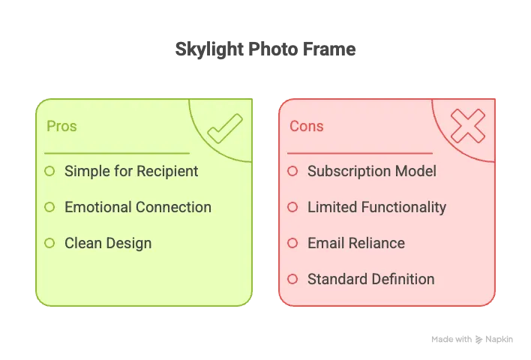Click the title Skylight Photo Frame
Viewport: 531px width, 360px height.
[x=265, y=49]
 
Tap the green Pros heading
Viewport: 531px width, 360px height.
[x=61, y=126]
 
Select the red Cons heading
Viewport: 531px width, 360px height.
[x=307, y=126]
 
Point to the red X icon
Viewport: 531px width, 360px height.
[x=468, y=126]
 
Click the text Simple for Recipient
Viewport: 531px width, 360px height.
[x=131, y=171]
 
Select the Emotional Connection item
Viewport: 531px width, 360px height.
[x=138, y=207]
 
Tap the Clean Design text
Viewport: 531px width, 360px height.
[x=108, y=243]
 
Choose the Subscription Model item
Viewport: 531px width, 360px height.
[x=372, y=171]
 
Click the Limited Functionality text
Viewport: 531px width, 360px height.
[x=377, y=207]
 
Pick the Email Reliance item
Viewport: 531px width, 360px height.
[x=356, y=243]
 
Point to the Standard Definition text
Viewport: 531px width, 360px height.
[x=370, y=279]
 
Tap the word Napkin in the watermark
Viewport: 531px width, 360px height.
[x=499, y=339]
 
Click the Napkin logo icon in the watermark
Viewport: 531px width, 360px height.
[x=478, y=339]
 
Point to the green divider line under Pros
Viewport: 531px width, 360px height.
[x=117, y=154]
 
